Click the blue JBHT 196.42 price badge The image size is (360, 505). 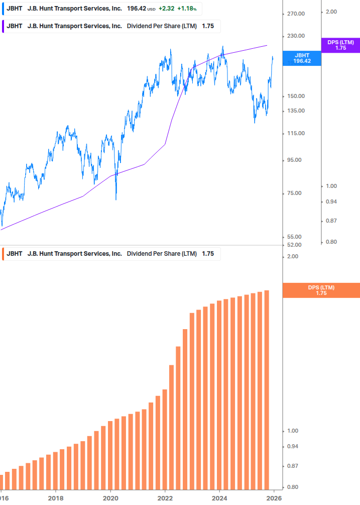[302, 58]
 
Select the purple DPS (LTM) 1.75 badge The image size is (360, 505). [340, 45]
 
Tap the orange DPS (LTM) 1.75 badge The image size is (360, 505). [321, 290]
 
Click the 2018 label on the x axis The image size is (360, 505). [56, 498]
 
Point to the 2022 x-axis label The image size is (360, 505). [165, 498]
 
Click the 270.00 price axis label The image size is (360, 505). [296, 14]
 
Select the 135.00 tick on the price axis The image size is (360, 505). [296, 111]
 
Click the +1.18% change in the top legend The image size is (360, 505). [187, 9]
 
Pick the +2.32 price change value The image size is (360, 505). [166, 9]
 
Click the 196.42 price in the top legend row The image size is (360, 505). [136, 9]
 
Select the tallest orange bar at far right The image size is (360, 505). [267, 389]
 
